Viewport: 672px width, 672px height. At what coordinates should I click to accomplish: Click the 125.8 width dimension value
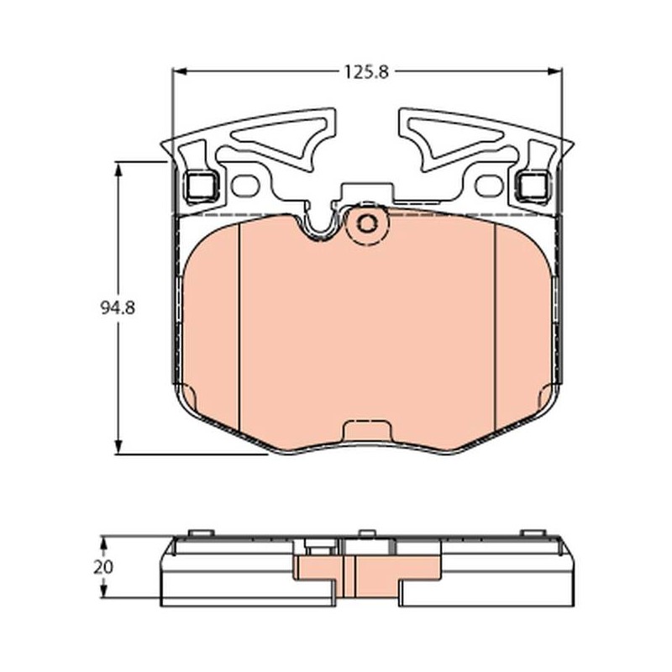click(367, 72)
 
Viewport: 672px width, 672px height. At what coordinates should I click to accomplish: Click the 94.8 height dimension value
click(118, 307)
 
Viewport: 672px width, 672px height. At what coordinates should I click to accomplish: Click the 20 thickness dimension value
click(103, 567)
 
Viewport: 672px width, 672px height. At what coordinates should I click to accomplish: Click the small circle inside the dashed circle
click(367, 223)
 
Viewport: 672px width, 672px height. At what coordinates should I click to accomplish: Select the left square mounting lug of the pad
click(202, 186)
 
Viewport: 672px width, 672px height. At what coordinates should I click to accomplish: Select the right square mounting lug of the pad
click(533, 186)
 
